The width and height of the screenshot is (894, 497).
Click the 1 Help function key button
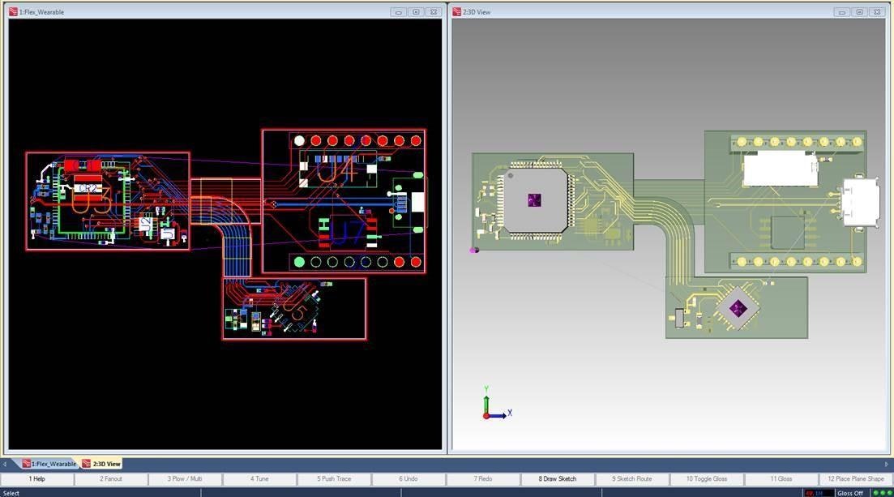tap(37, 478)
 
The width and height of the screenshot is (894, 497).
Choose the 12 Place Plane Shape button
tap(855, 478)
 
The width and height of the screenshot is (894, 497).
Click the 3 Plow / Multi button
tap(185, 478)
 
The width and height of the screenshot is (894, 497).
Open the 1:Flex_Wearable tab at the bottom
tap(50, 464)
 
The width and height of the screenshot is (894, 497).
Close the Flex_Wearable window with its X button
tap(433, 12)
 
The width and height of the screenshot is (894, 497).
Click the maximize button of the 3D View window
tap(859, 12)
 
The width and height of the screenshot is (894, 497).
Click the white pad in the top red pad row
tap(299, 140)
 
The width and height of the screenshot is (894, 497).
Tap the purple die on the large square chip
tap(533, 199)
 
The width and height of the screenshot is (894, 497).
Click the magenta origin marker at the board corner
tap(473, 250)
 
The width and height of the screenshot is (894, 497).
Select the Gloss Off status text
tap(850, 492)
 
